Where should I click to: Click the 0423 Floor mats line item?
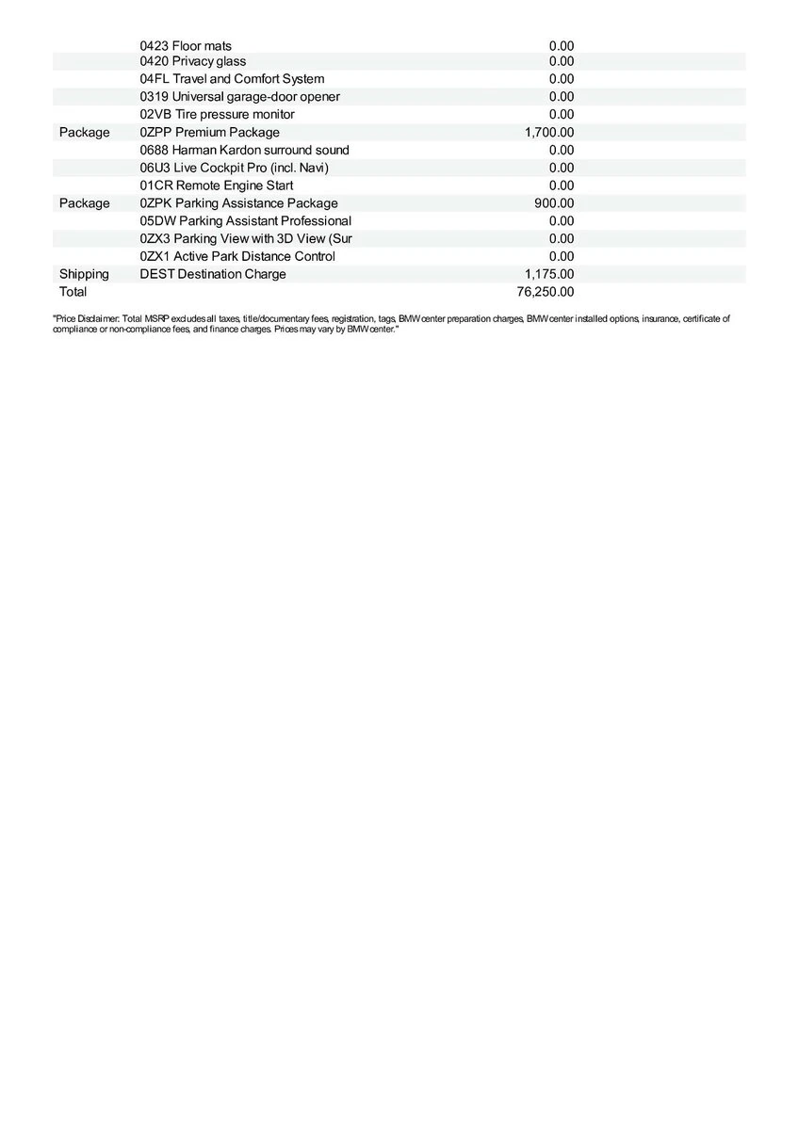pos(186,46)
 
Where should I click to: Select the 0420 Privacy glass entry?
pos(193,61)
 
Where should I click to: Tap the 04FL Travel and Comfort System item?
pos(232,79)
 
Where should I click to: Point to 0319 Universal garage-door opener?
pos(240,97)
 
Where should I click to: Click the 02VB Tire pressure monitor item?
pos(217,114)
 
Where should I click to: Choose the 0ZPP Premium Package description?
pos(209,133)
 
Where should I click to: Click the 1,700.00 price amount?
pos(549,133)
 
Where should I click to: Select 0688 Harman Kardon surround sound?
pos(244,150)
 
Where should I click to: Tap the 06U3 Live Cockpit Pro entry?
pos(234,168)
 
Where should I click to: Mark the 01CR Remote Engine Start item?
pos(217,186)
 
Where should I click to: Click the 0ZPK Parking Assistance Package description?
pos(238,203)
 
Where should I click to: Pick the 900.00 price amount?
pos(554,203)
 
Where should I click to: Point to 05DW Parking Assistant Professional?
pos(245,221)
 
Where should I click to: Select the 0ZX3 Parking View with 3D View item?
pos(245,239)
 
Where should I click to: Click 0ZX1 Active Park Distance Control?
pos(237,256)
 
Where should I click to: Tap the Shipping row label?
pos(84,274)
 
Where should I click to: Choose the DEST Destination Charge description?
pos(213,274)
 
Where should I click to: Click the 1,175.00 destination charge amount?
pos(549,274)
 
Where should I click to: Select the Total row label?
pos(73,292)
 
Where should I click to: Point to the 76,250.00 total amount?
pos(546,292)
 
